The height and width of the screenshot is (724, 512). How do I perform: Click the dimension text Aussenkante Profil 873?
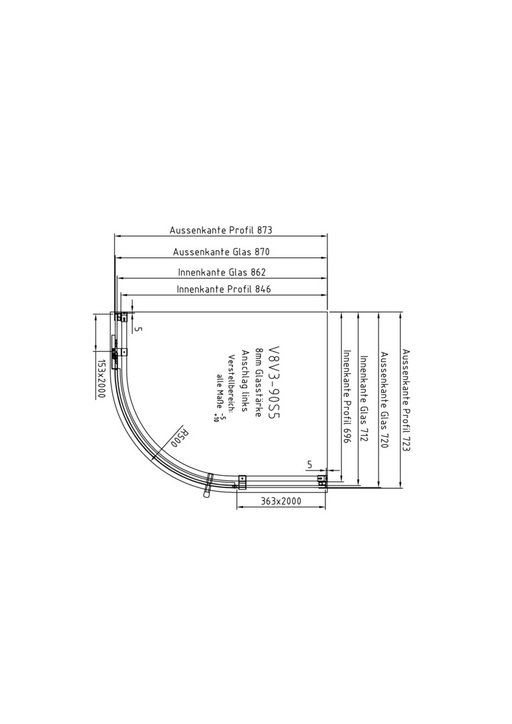221,230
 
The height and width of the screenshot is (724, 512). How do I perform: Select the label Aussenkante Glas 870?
221,251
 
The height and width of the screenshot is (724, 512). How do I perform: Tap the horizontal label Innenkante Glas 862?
222,272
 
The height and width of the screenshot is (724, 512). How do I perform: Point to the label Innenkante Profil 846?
223,289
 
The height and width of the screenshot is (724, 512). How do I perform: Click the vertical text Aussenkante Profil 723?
406,400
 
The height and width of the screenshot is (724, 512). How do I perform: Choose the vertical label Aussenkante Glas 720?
384,400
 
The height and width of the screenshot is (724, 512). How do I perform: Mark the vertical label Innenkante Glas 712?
364,399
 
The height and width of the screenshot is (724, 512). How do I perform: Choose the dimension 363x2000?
281,501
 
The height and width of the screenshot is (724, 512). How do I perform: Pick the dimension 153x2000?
101,379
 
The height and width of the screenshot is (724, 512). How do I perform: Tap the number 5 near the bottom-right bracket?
309,465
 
